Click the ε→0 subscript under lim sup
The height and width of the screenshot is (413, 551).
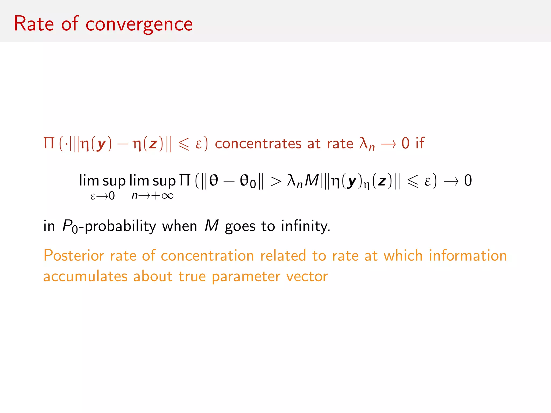coord(103,196)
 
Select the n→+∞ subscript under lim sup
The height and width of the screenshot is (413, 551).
coord(153,196)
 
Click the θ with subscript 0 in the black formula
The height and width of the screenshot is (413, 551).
coord(248,181)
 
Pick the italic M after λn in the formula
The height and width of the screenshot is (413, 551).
coord(312,180)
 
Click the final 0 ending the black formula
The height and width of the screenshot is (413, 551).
coord(468,180)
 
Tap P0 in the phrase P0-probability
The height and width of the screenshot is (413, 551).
coord(70,226)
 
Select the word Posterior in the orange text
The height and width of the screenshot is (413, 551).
coord(73,255)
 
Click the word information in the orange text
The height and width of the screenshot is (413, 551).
coord(468,255)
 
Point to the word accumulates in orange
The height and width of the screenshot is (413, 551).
coord(85,276)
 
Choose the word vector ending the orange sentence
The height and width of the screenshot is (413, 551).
coord(307,276)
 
